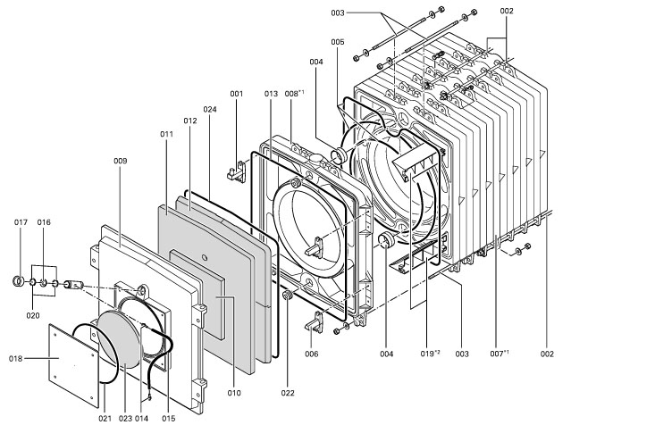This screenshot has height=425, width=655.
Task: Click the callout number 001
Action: click(237, 94)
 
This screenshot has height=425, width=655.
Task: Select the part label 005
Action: click(338, 42)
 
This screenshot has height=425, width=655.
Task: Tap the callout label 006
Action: click(311, 354)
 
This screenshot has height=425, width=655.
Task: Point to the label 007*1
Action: click(499, 354)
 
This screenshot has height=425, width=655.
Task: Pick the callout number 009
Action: click(121, 161)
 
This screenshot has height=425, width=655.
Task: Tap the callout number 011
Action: click(166, 134)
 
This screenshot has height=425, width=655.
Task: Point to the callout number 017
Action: click(22, 221)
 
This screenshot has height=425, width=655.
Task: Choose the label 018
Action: click(15, 359)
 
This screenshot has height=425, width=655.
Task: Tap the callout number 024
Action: click(210, 110)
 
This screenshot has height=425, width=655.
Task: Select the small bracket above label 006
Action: click(312, 324)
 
